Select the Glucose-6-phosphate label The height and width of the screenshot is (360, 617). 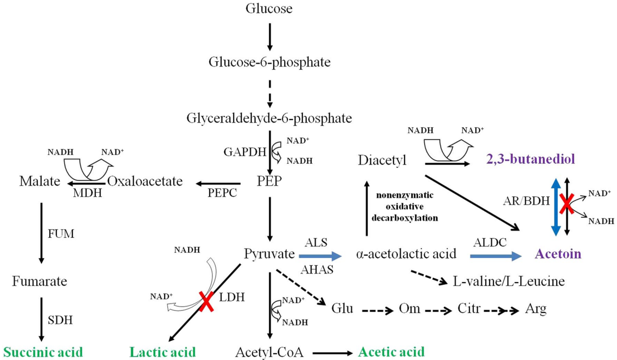[x=269, y=62]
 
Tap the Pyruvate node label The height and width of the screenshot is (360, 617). [x=269, y=254]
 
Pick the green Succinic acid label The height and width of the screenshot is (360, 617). [x=42, y=352]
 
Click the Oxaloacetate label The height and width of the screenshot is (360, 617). [x=145, y=182]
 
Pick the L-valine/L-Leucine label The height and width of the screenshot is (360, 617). [x=508, y=281]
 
